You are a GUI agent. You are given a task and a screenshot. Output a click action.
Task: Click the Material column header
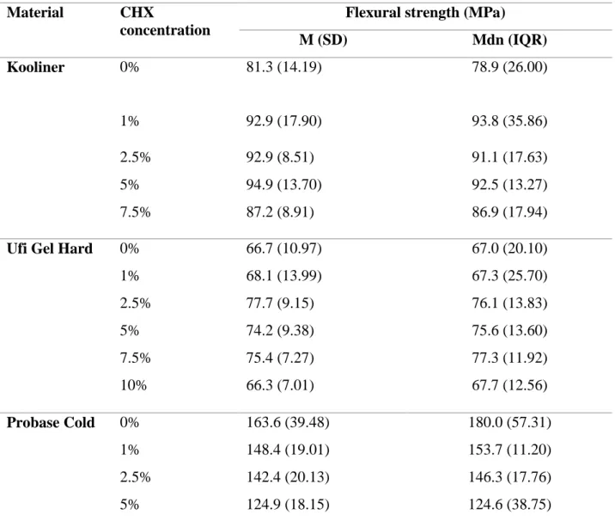point(35,13)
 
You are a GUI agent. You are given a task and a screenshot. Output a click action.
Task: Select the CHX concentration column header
point(165,21)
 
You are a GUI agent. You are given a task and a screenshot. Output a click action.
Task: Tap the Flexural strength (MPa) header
point(425,13)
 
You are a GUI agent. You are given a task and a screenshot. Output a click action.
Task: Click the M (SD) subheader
point(323,40)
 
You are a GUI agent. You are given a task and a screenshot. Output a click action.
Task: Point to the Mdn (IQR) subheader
point(509,40)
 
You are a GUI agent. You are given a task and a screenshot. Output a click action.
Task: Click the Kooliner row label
point(36,67)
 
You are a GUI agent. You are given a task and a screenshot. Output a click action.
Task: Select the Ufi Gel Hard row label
point(50,248)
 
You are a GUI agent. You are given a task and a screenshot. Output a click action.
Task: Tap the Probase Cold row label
point(51,422)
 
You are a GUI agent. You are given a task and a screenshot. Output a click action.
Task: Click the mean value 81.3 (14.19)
point(284,67)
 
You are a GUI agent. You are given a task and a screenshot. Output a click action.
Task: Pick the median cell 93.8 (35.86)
point(509,121)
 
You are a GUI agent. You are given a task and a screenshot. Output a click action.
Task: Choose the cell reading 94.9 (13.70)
point(284,185)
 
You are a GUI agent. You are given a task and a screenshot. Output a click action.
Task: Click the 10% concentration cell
point(133,385)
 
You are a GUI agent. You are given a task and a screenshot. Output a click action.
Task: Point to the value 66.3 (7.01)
point(280,385)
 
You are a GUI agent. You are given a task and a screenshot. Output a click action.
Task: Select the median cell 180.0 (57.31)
point(510,422)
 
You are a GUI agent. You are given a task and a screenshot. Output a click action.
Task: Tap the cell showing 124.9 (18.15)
point(288,505)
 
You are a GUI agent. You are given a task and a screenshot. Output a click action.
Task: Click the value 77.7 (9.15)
point(280,303)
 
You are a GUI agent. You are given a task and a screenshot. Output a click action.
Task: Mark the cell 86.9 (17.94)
point(509,212)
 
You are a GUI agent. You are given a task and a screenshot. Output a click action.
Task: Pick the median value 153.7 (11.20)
point(510,450)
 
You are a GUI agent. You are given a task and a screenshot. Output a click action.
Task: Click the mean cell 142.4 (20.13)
point(288,477)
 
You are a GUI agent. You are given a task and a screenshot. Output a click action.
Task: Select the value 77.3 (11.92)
point(509,358)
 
